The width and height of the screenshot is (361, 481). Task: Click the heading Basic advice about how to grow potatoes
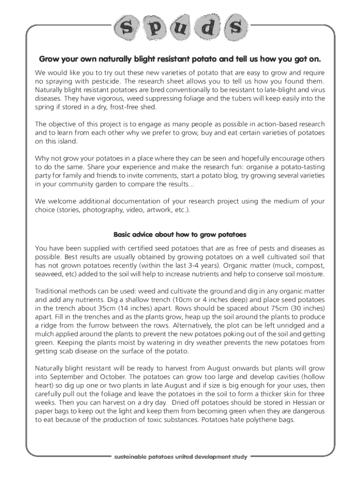coord(180,234)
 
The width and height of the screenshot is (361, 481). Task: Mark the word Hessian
coord(300,403)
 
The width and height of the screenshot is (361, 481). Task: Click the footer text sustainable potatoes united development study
coord(180,456)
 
